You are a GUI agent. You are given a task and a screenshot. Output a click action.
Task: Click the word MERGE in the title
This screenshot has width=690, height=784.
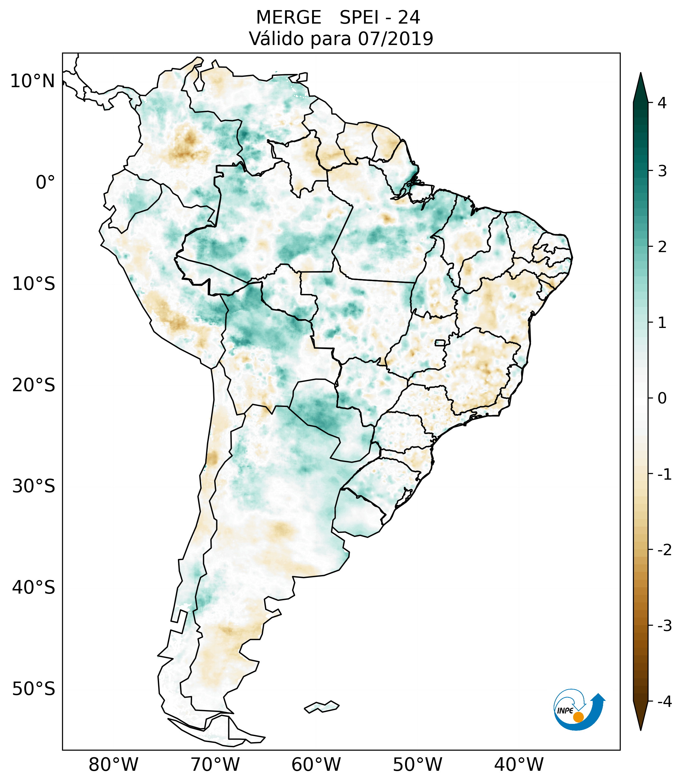click(288, 18)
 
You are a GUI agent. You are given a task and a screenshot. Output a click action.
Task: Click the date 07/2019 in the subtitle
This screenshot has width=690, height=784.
click(395, 39)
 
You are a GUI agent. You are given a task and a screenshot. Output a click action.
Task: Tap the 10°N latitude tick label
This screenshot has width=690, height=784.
click(32, 81)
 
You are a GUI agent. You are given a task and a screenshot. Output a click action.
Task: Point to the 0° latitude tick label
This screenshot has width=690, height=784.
click(45, 183)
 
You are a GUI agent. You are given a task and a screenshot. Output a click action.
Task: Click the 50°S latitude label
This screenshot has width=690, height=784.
click(33, 689)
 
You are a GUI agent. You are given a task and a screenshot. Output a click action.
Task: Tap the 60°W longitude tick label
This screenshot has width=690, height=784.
click(316, 764)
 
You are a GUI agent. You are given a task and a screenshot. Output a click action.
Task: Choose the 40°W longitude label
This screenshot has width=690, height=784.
click(518, 764)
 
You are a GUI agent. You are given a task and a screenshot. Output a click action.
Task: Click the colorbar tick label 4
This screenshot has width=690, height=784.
click(662, 103)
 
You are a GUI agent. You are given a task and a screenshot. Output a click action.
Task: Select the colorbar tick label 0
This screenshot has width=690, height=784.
click(662, 398)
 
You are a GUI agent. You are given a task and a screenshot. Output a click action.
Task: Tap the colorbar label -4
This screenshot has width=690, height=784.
click(664, 702)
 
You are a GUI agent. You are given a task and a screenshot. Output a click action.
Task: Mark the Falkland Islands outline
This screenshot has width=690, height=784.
click(322, 706)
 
